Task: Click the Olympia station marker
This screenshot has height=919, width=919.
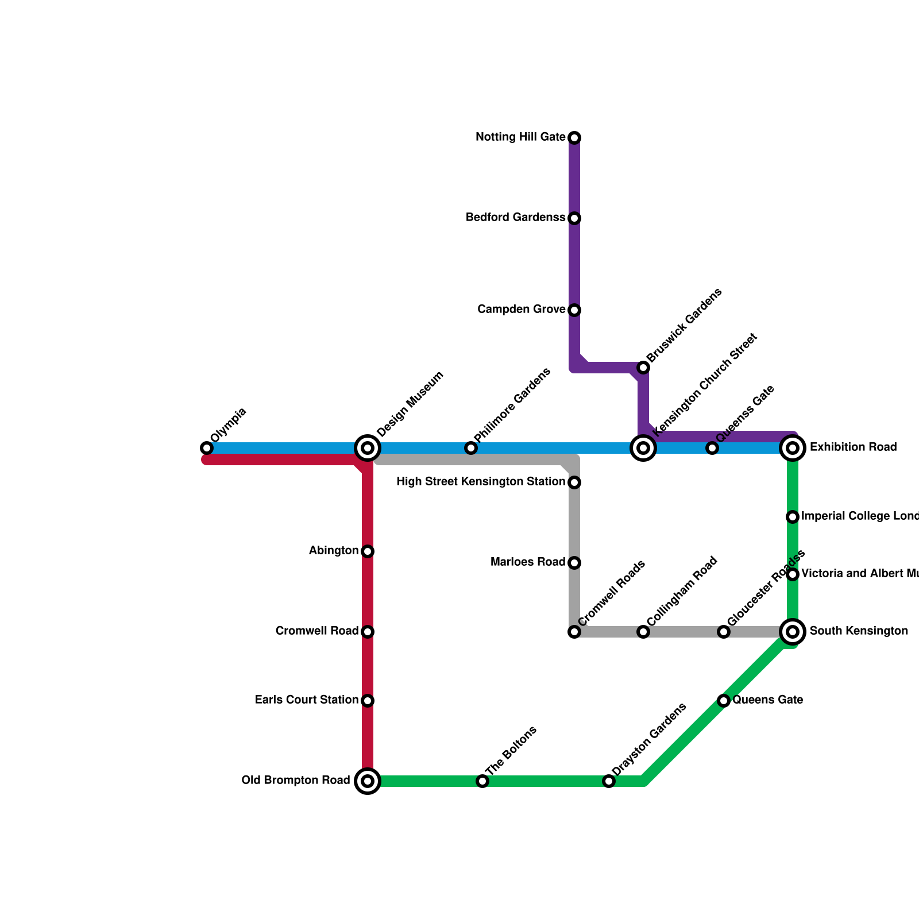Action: pos(207,448)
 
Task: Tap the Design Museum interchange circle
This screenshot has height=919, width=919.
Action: pos(368,448)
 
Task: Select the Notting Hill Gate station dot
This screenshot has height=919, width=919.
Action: pos(574,138)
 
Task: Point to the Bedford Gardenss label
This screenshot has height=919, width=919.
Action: pos(515,218)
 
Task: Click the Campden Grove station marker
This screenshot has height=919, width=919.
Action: pos(574,310)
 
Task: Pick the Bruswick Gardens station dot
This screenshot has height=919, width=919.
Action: pos(643,368)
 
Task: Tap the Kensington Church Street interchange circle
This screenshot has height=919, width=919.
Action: pos(643,448)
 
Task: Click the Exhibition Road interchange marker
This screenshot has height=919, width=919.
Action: pos(793,448)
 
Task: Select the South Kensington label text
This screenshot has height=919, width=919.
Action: pos(859,631)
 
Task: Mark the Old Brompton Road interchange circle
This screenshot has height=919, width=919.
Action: pos(368,781)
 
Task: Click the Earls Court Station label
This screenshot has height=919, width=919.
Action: pos(307,700)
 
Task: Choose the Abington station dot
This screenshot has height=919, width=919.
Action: pos(368,551)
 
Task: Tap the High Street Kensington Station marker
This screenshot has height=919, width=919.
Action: pos(574,482)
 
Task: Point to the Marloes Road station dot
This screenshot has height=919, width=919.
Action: pos(574,563)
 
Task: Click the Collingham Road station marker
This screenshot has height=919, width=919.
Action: pos(643,632)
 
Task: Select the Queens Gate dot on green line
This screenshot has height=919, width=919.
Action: pos(724,701)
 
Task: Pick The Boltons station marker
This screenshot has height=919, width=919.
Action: pos(482,781)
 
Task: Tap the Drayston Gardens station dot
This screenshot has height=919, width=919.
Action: pos(609,781)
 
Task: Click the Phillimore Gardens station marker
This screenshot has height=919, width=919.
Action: pos(471,448)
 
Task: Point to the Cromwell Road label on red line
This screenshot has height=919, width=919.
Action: pos(317,631)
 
